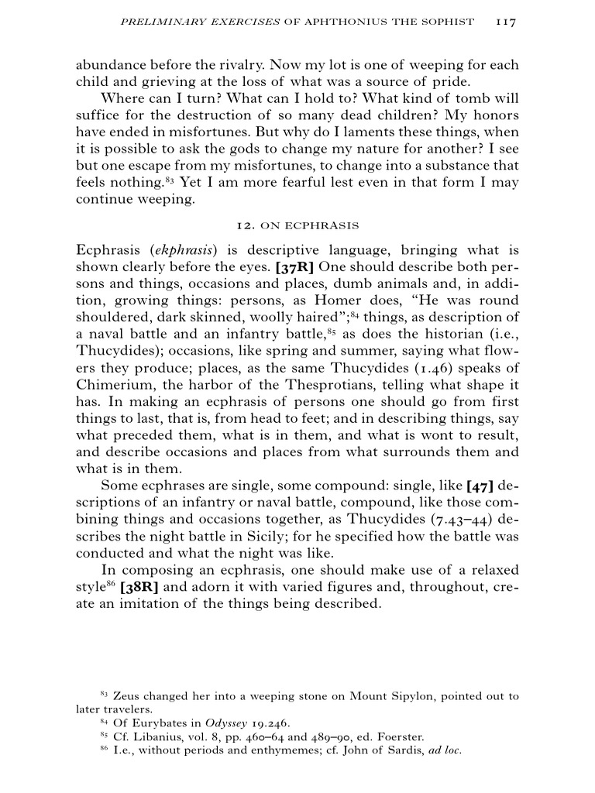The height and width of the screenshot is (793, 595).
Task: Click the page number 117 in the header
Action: [505, 22]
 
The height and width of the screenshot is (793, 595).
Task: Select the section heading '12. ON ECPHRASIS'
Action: [297, 225]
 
